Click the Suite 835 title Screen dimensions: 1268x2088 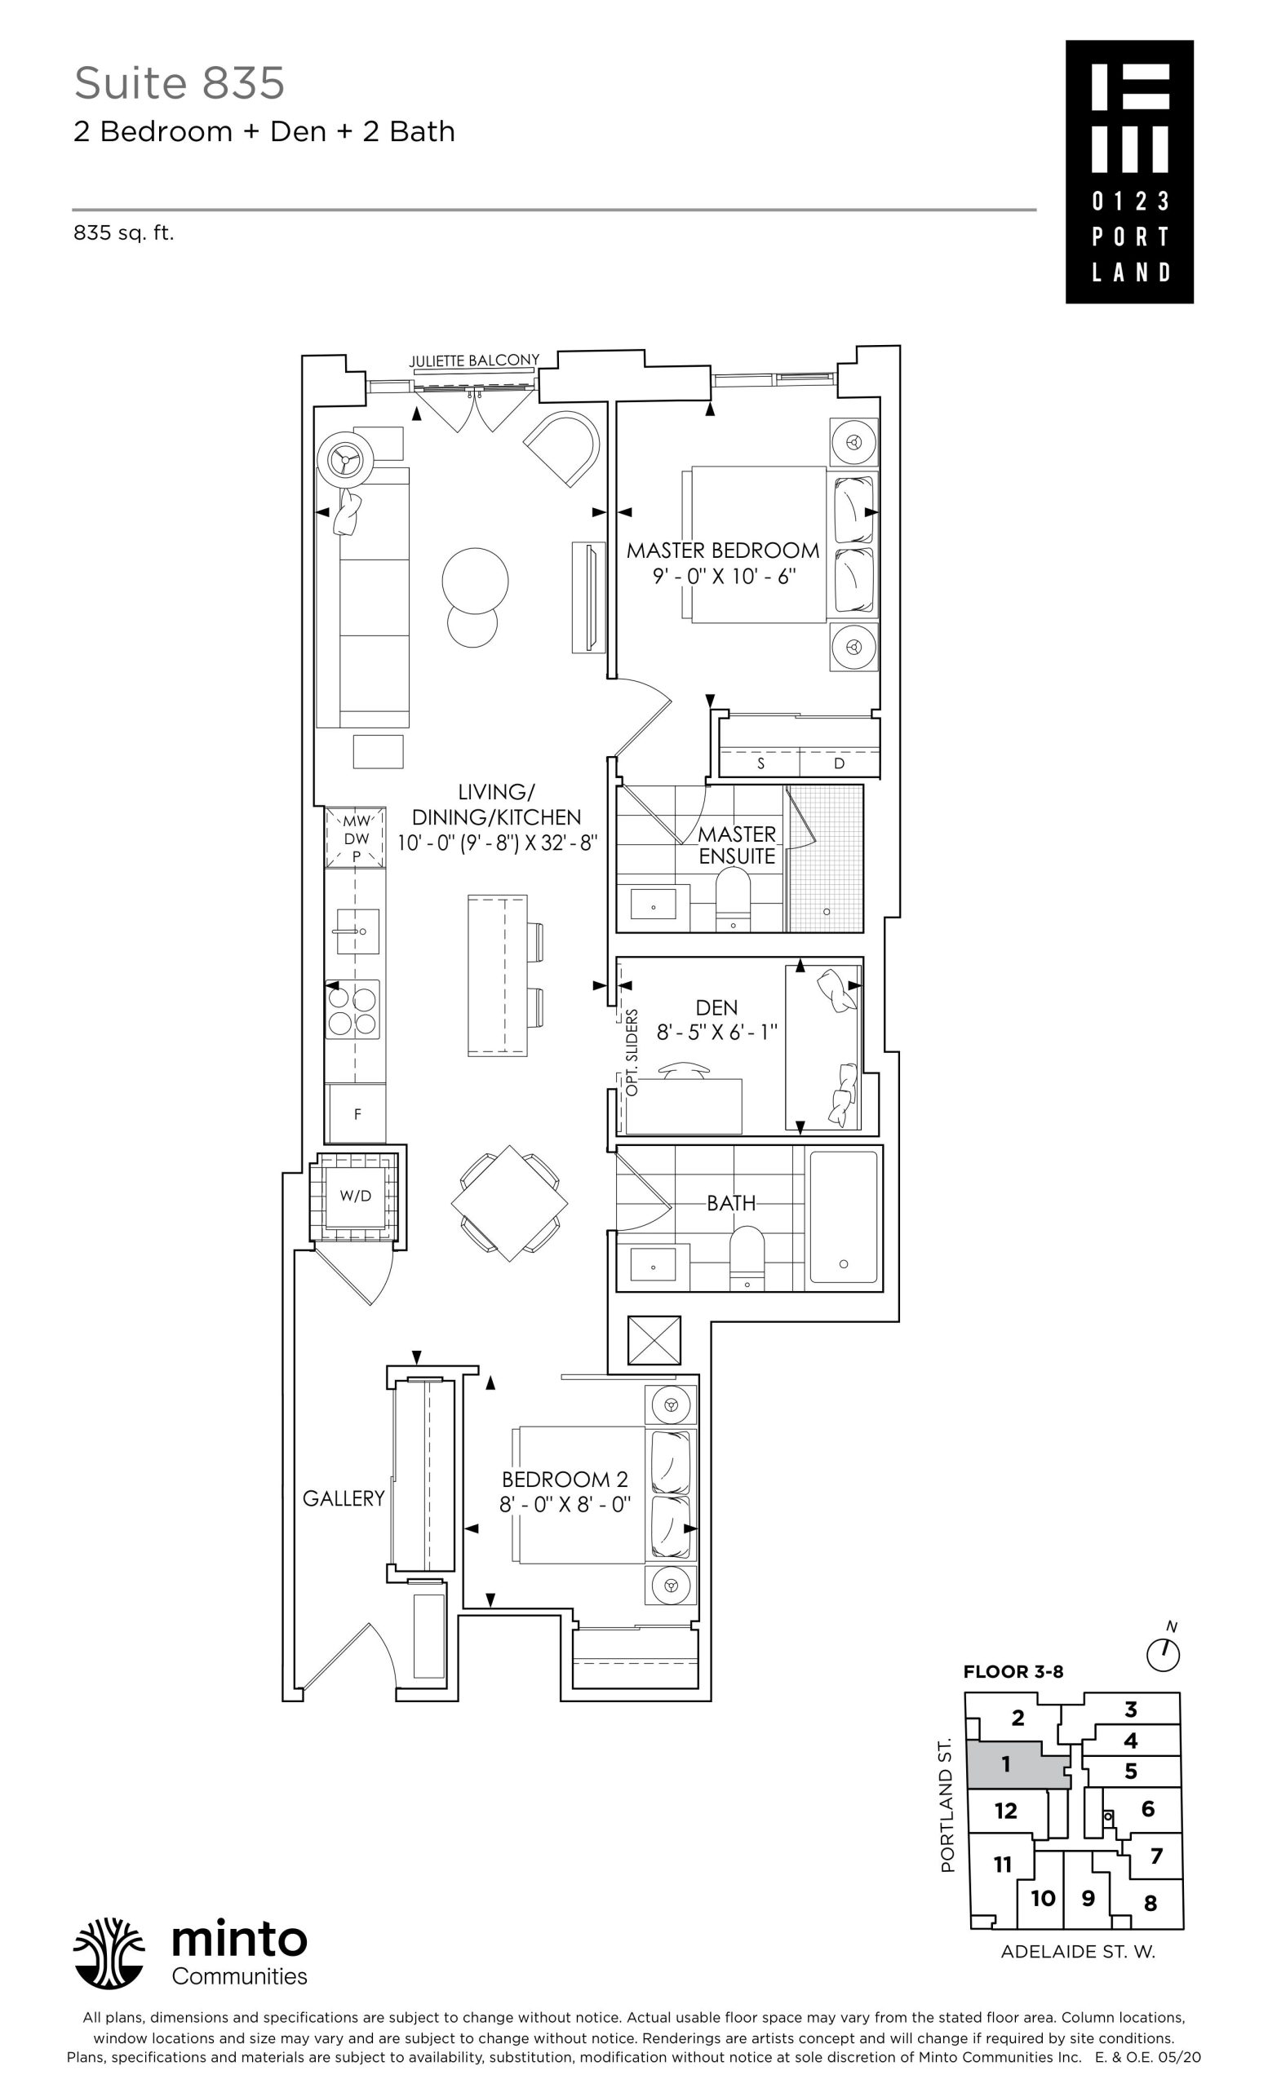[x=179, y=83]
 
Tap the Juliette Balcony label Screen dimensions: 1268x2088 [x=474, y=361]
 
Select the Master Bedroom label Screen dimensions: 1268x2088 [x=723, y=551]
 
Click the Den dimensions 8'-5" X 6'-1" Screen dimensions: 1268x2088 [x=717, y=1032]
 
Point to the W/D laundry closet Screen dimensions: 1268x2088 [x=356, y=1196]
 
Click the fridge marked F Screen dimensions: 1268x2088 [x=357, y=1113]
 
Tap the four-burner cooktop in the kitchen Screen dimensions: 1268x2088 [x=352, y=1009]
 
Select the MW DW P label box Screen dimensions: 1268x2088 [x=356, y=837]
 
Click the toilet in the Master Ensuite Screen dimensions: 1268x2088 [x=734, y=898]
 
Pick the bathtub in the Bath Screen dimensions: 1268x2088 [x=844, y=1217]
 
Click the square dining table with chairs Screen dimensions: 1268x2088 [x=509, y=1203]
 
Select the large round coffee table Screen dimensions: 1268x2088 [x=475, y=582]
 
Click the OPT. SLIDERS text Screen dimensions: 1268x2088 [x=632, y=1052]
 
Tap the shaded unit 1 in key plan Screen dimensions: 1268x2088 [x=1015, y=1765]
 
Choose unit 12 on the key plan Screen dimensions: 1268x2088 [x=1006, y=1811]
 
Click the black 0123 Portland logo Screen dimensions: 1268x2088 [x=1129, y=172]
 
